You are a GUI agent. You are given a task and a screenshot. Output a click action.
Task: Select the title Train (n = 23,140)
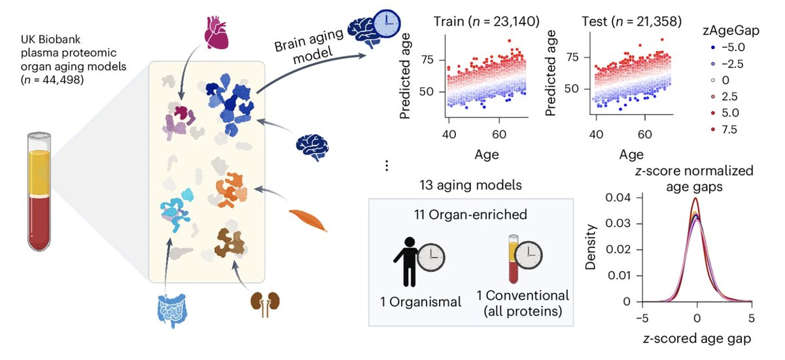tap(486, 23)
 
